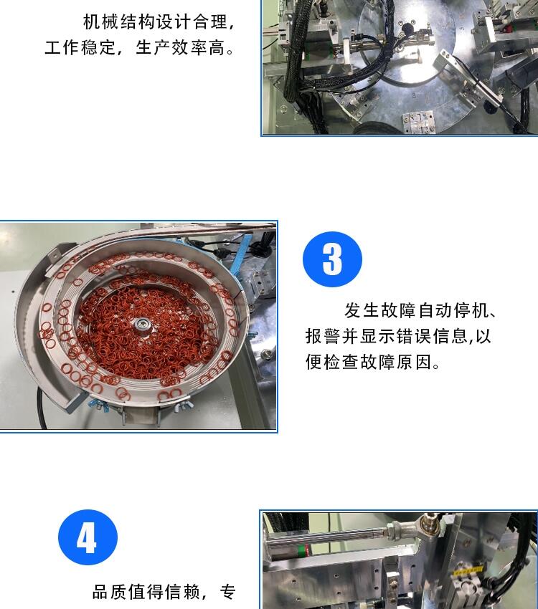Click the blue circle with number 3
332,259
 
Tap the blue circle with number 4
88,537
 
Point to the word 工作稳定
80,48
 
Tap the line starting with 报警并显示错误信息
398,336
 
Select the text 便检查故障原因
369,363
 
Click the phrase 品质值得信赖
146,593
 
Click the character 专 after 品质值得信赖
228,593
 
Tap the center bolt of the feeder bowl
139,325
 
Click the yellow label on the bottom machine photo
468,570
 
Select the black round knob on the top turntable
407,29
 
